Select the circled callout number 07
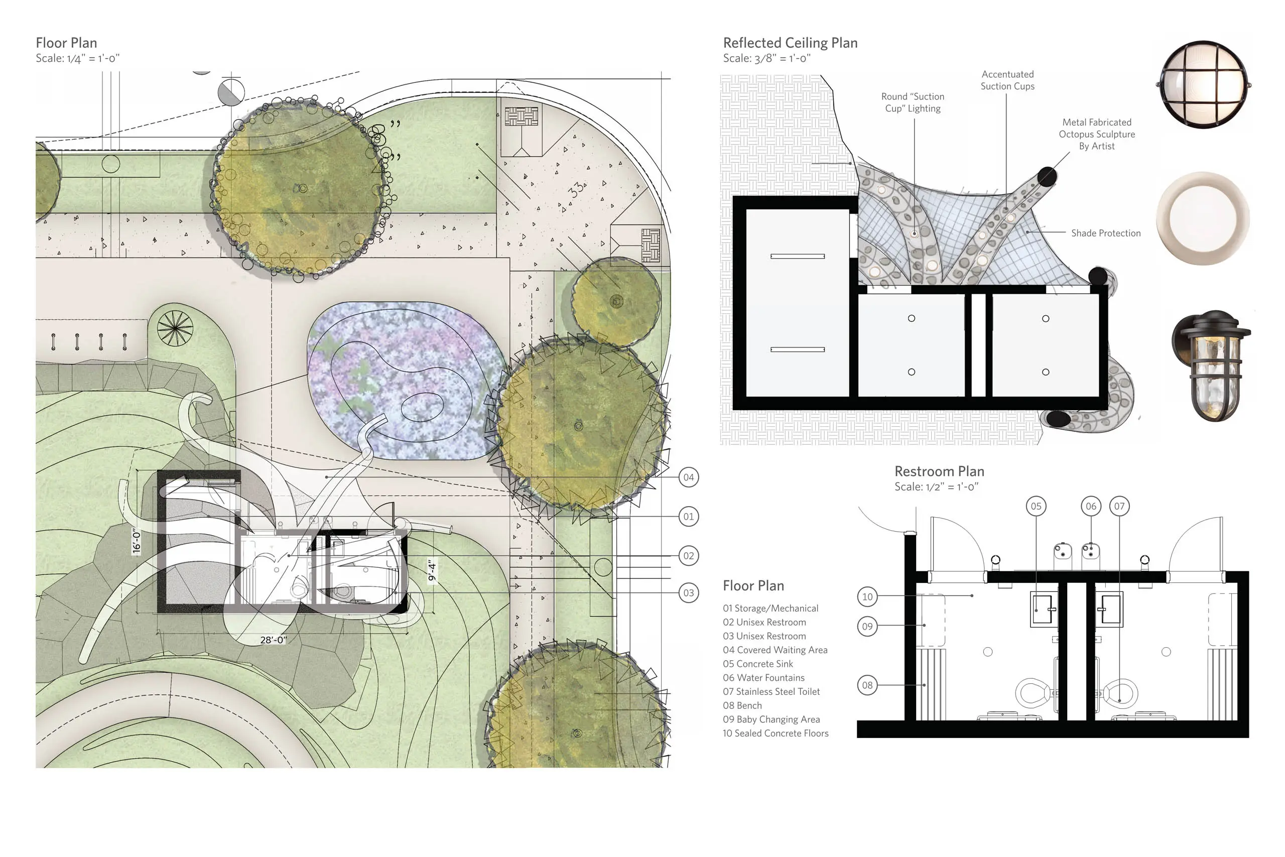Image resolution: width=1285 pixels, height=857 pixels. (1119, 506)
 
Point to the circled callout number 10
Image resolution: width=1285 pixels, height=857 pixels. (867, 597)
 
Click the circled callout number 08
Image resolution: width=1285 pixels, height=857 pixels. (867, 685)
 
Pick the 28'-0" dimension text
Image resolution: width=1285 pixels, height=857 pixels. (273, 640)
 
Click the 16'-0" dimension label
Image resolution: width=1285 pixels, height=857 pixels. (137, 541)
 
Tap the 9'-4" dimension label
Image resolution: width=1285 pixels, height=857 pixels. (432, 570)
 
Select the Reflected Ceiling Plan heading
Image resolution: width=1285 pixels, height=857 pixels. (790, 43)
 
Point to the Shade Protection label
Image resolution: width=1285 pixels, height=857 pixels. (1106, 233)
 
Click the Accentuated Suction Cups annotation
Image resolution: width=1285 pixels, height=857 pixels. (1007, 80)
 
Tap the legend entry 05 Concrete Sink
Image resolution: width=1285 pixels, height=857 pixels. (758, 664)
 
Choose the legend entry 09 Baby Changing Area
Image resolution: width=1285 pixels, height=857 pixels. (772, 720)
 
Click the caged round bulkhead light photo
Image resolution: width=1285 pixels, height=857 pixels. (1204, 84)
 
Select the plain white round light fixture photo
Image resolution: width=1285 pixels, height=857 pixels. (1204, 218)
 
